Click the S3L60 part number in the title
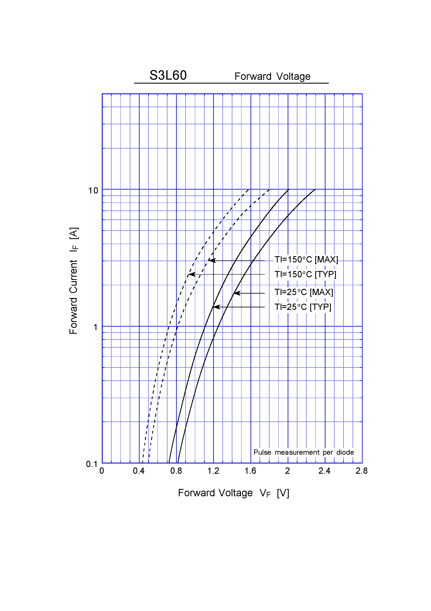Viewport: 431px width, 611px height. tap(168, 75)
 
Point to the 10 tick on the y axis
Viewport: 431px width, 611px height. tap(93, 191)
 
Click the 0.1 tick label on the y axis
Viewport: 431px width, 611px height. tap(92, 464)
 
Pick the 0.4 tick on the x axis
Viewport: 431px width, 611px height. tap(139, 471)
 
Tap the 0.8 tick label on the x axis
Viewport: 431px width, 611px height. tap(176, 471)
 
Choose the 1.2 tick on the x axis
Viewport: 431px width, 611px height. tap(213, 471)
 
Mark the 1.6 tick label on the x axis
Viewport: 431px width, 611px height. tap(250, 471)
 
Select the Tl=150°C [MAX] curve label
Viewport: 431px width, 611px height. tap(306, 260)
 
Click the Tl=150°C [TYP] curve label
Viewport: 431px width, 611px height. tap(305, 274)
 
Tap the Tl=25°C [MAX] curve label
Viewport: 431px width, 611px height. tap(304, 292)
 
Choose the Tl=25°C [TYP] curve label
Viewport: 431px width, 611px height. tap(303, 307)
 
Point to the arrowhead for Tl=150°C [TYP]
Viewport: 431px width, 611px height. tap(191, 274)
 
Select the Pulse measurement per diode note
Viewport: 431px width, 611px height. tap(304, 452)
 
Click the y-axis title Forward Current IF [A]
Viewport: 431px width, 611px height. tap(74, 281)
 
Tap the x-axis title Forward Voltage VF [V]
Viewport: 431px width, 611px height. tap(233, 493)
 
